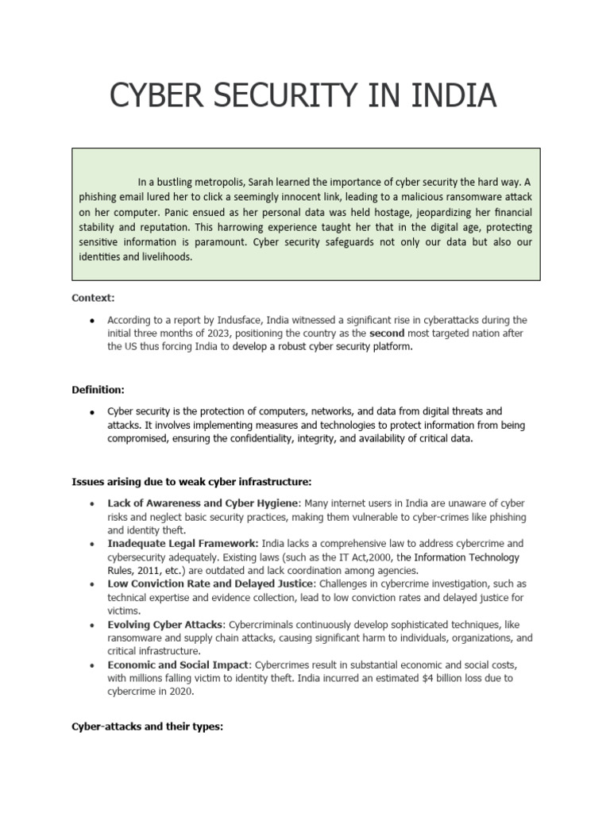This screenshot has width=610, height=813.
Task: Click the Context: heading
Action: coord(93,298)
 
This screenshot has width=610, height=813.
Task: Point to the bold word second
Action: coord(387,333)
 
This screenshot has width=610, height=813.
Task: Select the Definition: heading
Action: coord(98,390)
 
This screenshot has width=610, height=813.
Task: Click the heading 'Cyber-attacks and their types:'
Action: coord(147,726)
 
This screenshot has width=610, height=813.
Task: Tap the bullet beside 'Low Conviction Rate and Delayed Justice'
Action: coord(93,584)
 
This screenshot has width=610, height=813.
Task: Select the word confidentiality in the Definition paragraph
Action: coord(271,439)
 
